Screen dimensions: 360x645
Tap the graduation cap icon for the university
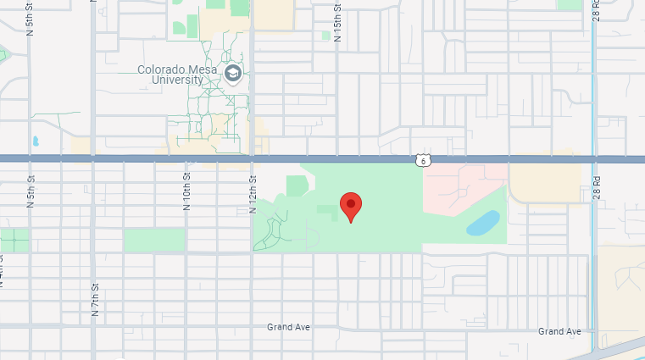click(x=232, y=74)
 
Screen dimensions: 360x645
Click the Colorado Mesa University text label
click(x=176, y=75)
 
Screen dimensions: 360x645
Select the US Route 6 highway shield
click(x=423, y=159)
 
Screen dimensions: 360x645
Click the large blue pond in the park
click(x=482, y=223)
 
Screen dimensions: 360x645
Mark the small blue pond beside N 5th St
click(x=35, y=141)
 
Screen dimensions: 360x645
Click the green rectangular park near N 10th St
click(x=154, y=240)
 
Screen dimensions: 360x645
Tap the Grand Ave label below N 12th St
click(x=287, y=327)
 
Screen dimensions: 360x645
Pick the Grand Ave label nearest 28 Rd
click(x=559, y=331)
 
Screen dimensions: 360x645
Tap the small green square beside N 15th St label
click(x=325, y=36)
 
